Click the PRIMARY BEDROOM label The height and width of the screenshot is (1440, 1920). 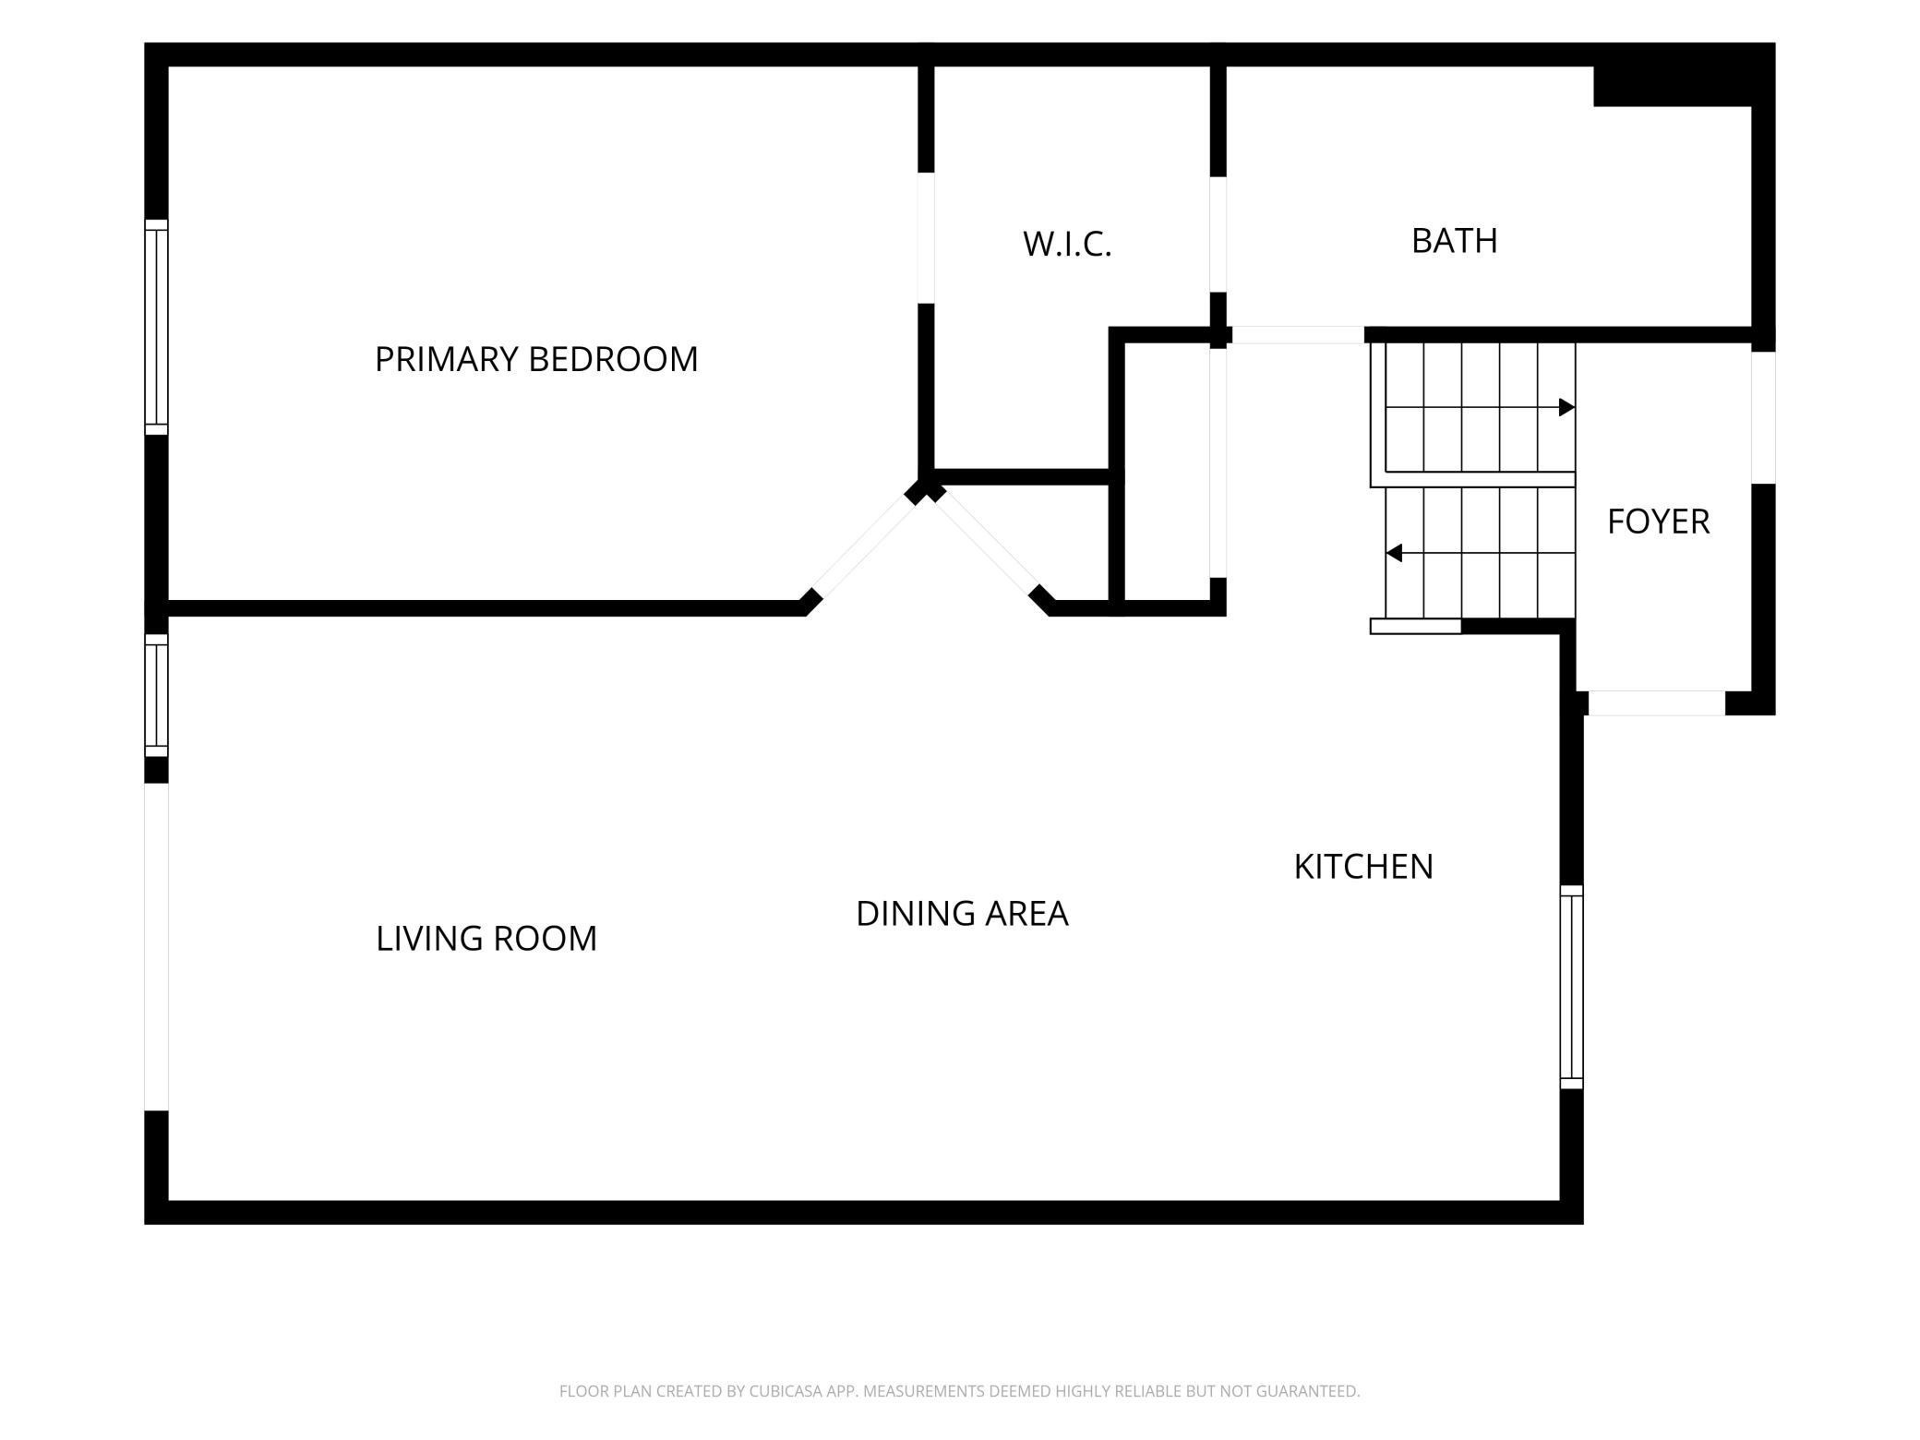coord(536,359)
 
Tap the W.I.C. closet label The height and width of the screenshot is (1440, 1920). coord(1067,245)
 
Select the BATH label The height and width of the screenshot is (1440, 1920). coord(1455,241)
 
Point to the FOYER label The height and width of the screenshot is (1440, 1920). coord(1659,522)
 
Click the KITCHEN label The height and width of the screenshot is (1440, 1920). coord(1363,867)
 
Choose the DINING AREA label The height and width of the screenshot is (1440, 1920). coord(962,914)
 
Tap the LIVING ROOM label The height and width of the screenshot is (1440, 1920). coord(486,939)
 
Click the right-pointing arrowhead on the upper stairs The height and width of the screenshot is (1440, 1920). coord(1566,407)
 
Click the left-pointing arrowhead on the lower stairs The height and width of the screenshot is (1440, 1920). coord(1395,553)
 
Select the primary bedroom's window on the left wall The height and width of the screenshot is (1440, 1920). coord(156,327)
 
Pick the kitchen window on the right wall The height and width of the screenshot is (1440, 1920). coord(1571,987)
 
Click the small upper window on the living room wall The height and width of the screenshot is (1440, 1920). coord(156,695)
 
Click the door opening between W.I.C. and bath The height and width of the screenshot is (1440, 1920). coord(1218,234)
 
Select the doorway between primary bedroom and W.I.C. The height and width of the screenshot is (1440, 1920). coord(926,238)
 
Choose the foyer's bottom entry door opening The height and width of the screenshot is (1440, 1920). coord(1656,703)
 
